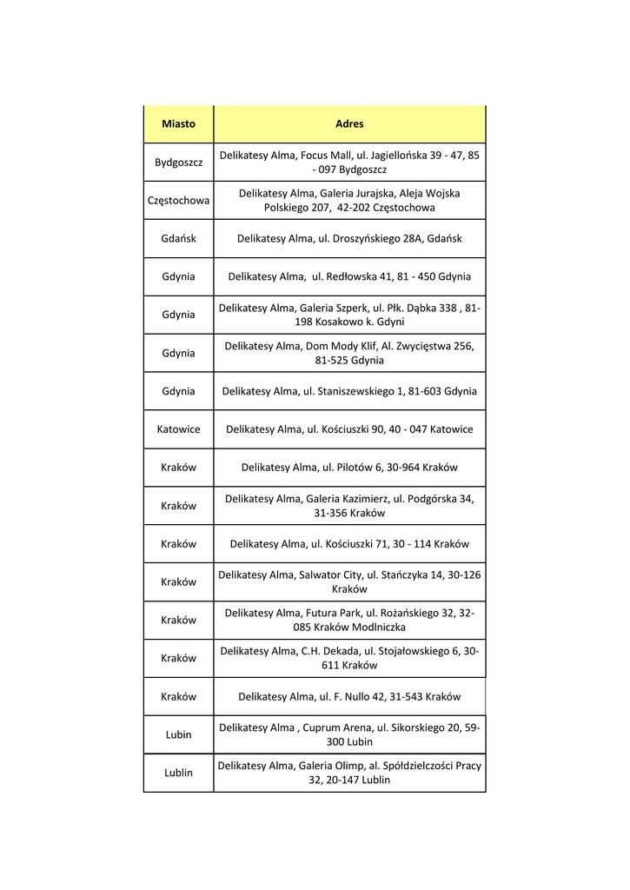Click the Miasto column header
pos(178,123)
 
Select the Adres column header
pos(349,123)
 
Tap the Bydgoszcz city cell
pos(178,163)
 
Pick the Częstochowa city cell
pos(178,200)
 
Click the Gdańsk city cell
pos(178,238)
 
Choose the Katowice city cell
pos(178,429)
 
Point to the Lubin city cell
pos(178,734)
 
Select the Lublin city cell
pos(178,773)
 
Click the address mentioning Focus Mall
pos(349,163)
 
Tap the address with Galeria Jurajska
pos(349,200)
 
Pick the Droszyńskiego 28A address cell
pos(349,238)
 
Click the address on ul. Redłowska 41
pos(349,276)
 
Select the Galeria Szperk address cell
pos(349,315)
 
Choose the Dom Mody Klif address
pos(349,353)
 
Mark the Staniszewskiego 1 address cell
pos(349,391)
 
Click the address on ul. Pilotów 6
pos(349,468)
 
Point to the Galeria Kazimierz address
pos(349,506)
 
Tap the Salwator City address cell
pos(349,581)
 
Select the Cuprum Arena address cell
pos(349,734)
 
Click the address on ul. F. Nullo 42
pos(349,696)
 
